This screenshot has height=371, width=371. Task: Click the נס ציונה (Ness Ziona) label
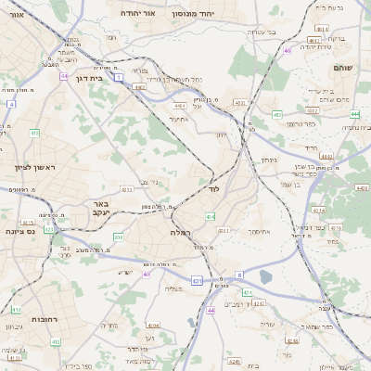[20, 232]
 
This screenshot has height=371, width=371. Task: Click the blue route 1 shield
[119, 77]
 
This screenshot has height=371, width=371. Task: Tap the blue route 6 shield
[238, 275]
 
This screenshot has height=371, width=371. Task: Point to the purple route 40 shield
[147, 274]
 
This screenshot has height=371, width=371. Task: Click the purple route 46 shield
[288, 51]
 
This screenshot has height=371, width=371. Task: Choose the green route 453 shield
[276, 114]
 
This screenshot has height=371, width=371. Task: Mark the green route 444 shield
[354, 114]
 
